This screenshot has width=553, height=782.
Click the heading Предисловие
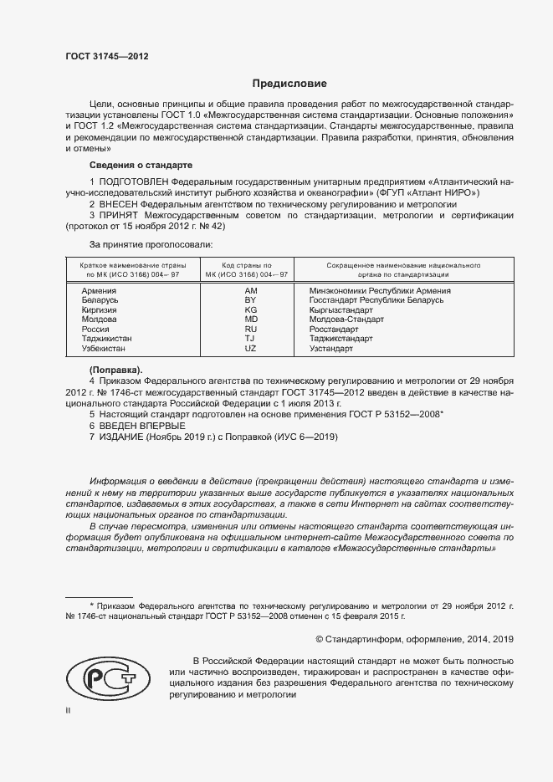point(289,84)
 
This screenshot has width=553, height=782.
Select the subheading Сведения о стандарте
point(141,165)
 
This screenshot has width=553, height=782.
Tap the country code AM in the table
point(250,290)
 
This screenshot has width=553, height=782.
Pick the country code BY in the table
point(250,299)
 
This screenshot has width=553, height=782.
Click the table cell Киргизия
point(99,309)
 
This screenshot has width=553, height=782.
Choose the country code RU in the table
point(250,329)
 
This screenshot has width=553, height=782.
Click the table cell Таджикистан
point(106,338)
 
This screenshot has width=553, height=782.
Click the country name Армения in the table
point(99,290)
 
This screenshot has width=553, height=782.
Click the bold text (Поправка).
point(115,369)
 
